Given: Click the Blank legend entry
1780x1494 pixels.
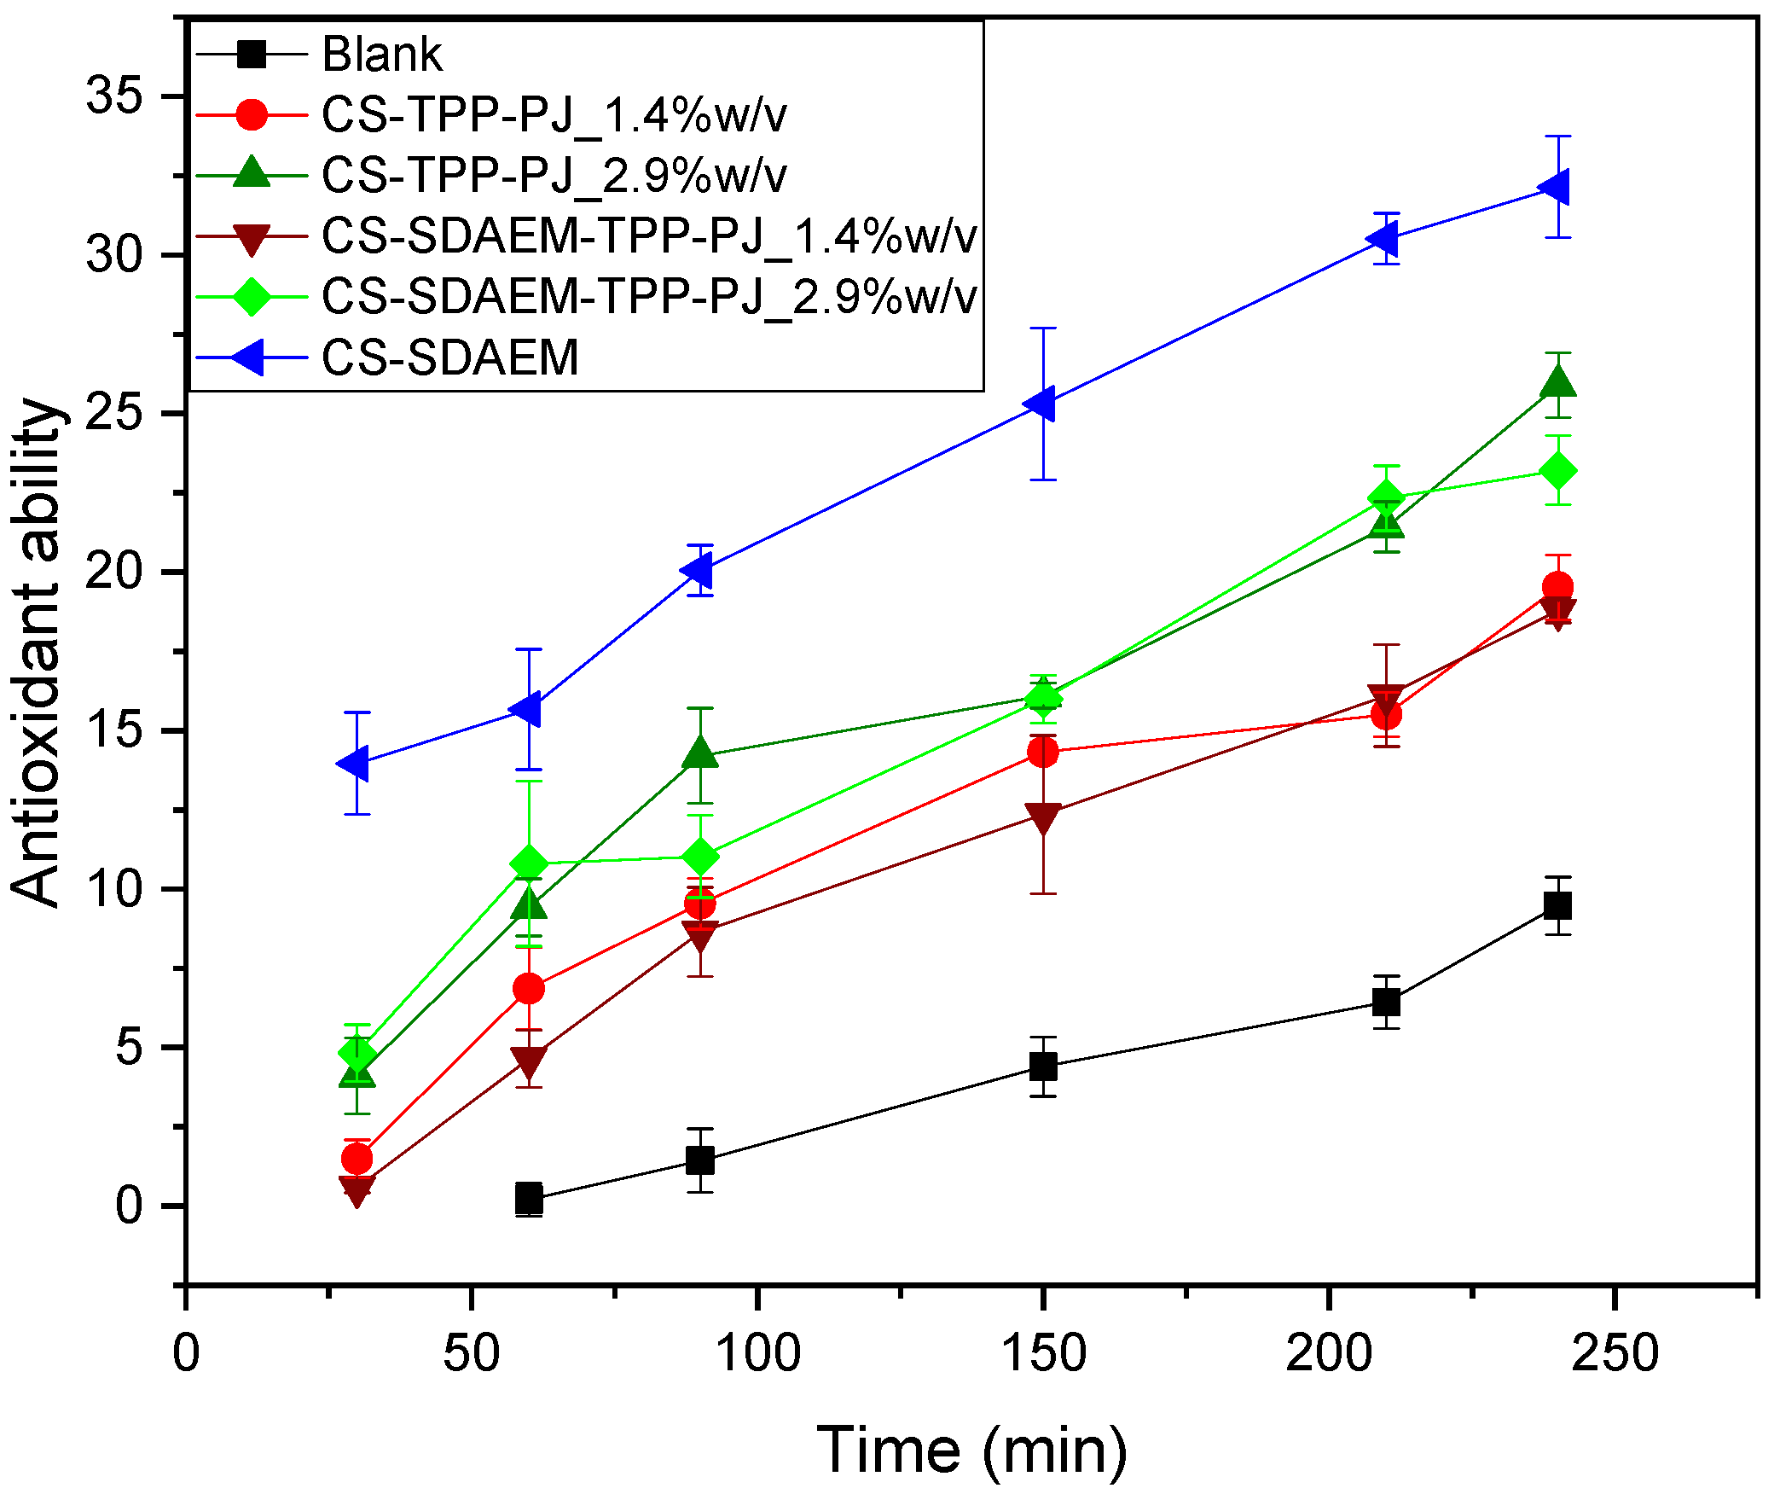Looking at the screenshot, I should [x=381, y=55].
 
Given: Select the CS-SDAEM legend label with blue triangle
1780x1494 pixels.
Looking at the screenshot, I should [x=449, y=357].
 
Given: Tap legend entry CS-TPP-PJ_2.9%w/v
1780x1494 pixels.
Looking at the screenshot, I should [x=554, y=175].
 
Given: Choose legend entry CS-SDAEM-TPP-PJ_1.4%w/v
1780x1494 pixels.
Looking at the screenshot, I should [x=648, y=235].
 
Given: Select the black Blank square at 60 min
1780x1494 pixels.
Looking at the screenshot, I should [x=529, y=1199].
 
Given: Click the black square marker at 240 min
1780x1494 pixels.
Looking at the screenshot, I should [x=1557, y=905].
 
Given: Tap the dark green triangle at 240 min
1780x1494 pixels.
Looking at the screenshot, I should [x=1557, y=383].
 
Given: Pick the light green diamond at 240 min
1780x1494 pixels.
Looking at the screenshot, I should [x=1557, y=471].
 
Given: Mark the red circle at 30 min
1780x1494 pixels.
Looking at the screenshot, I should [x=357, y=1159].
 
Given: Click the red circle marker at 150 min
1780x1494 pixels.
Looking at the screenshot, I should [x=1042, y=752].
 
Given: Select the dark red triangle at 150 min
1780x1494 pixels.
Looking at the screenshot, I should [x=1042, y=817].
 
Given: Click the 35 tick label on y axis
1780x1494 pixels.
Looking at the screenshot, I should [x=113, y=96].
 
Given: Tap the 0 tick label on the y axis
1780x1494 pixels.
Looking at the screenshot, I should [x=129, y=1206].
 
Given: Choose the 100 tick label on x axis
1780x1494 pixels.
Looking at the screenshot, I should [x=757, y=1352].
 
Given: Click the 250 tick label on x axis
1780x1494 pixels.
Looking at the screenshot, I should [x=1614, y=1352].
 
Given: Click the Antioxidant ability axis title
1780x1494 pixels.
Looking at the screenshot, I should [x=38, y=653].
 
